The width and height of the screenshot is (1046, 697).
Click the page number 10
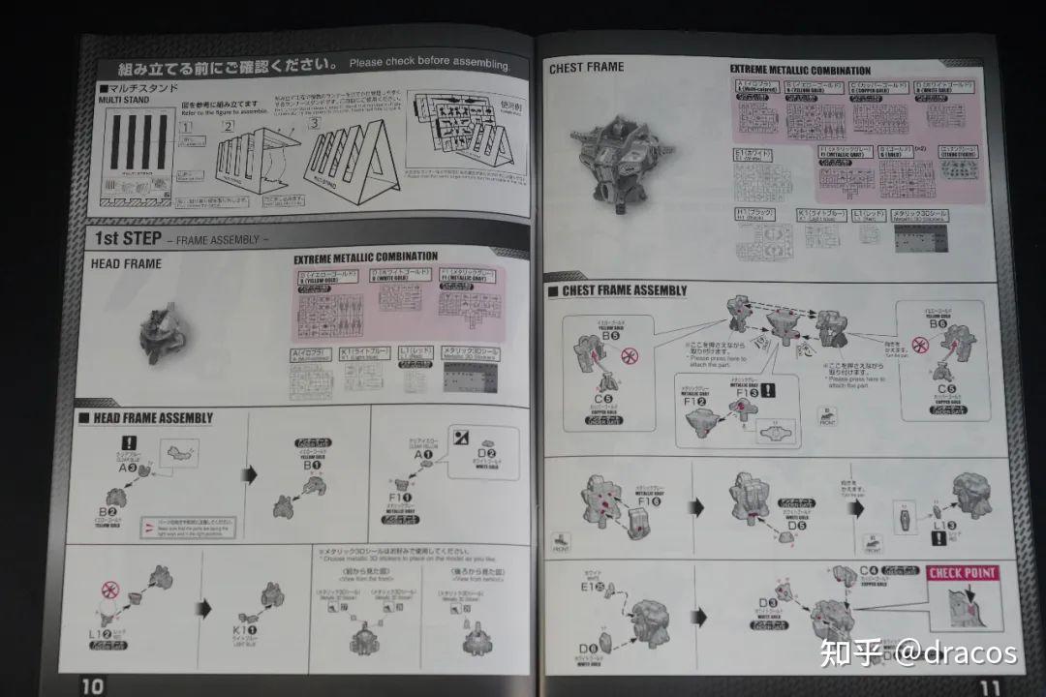point(92,685)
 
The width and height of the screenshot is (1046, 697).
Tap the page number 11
point(989,685)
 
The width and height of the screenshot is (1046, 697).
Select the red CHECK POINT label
point(963,573)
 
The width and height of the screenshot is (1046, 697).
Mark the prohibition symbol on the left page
point(110,589)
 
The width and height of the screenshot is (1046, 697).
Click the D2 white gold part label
point(485,455)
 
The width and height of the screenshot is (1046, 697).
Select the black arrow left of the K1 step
point(204,609)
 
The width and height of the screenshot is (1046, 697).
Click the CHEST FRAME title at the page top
point(586,68)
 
